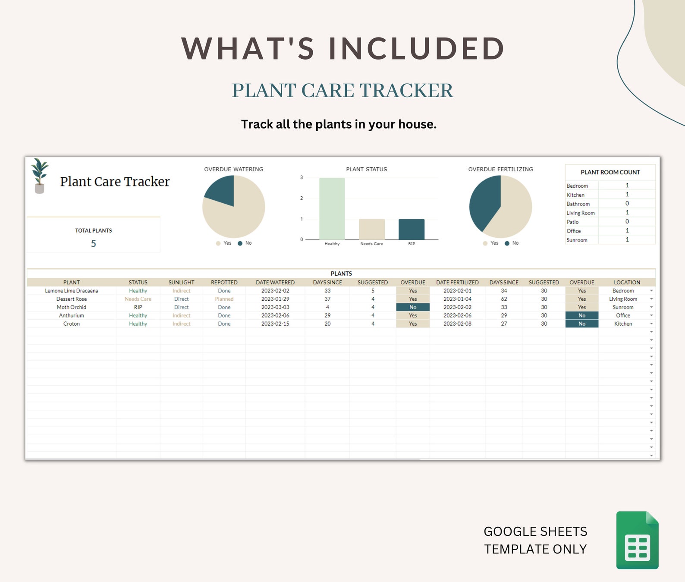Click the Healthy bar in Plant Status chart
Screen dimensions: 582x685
pyautogui.click(x=332, y=208)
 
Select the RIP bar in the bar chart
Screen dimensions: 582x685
pyautogui.click(x=411, y=229)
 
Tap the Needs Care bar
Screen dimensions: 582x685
pyautogui.click(x=371, y=229)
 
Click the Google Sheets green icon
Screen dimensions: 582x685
pyautogui.click(x=637, y=540)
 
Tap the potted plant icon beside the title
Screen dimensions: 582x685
pyautogui.click(x=40, y=176)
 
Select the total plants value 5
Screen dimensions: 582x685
pyautogui.click(x=93, y=244)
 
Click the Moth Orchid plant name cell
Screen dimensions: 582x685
pyautogui.click(x=72, y=307)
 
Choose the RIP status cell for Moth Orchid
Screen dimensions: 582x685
pyautogui.click(x=138, y=307)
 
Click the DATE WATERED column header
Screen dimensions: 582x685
pyautogui.click(x=275, y=283)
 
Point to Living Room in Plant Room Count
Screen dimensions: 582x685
pyautogui.click(x=581, y=213)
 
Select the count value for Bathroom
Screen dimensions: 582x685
pyautogui.click(x=627, y=204)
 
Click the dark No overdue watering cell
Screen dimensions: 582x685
pyautogui.click(x=413, y=307)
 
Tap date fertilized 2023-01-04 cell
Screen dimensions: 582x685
pyautogui.click(x=457, y=299)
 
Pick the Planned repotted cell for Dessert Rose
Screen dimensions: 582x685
pyautogui.click(x=224, y=299)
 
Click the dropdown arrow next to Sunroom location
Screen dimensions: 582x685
pyautogui.click(x=651, y=307)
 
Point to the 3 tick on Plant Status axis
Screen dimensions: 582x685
pyautogui.click(x=302, y=177)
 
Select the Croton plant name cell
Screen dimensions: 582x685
pyautogui.click(x=72, y=324)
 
